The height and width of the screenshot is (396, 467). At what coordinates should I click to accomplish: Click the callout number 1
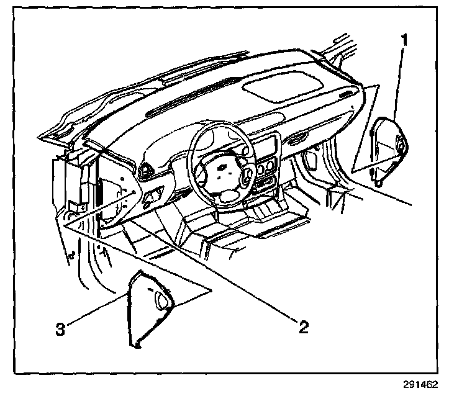pyautogui.click(x=403, y=42)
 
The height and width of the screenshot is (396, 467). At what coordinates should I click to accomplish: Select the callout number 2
pyautogui.click(x=302, y=326)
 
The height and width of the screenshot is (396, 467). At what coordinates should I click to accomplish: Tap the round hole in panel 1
pyautogui.click(x=398, y=146)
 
